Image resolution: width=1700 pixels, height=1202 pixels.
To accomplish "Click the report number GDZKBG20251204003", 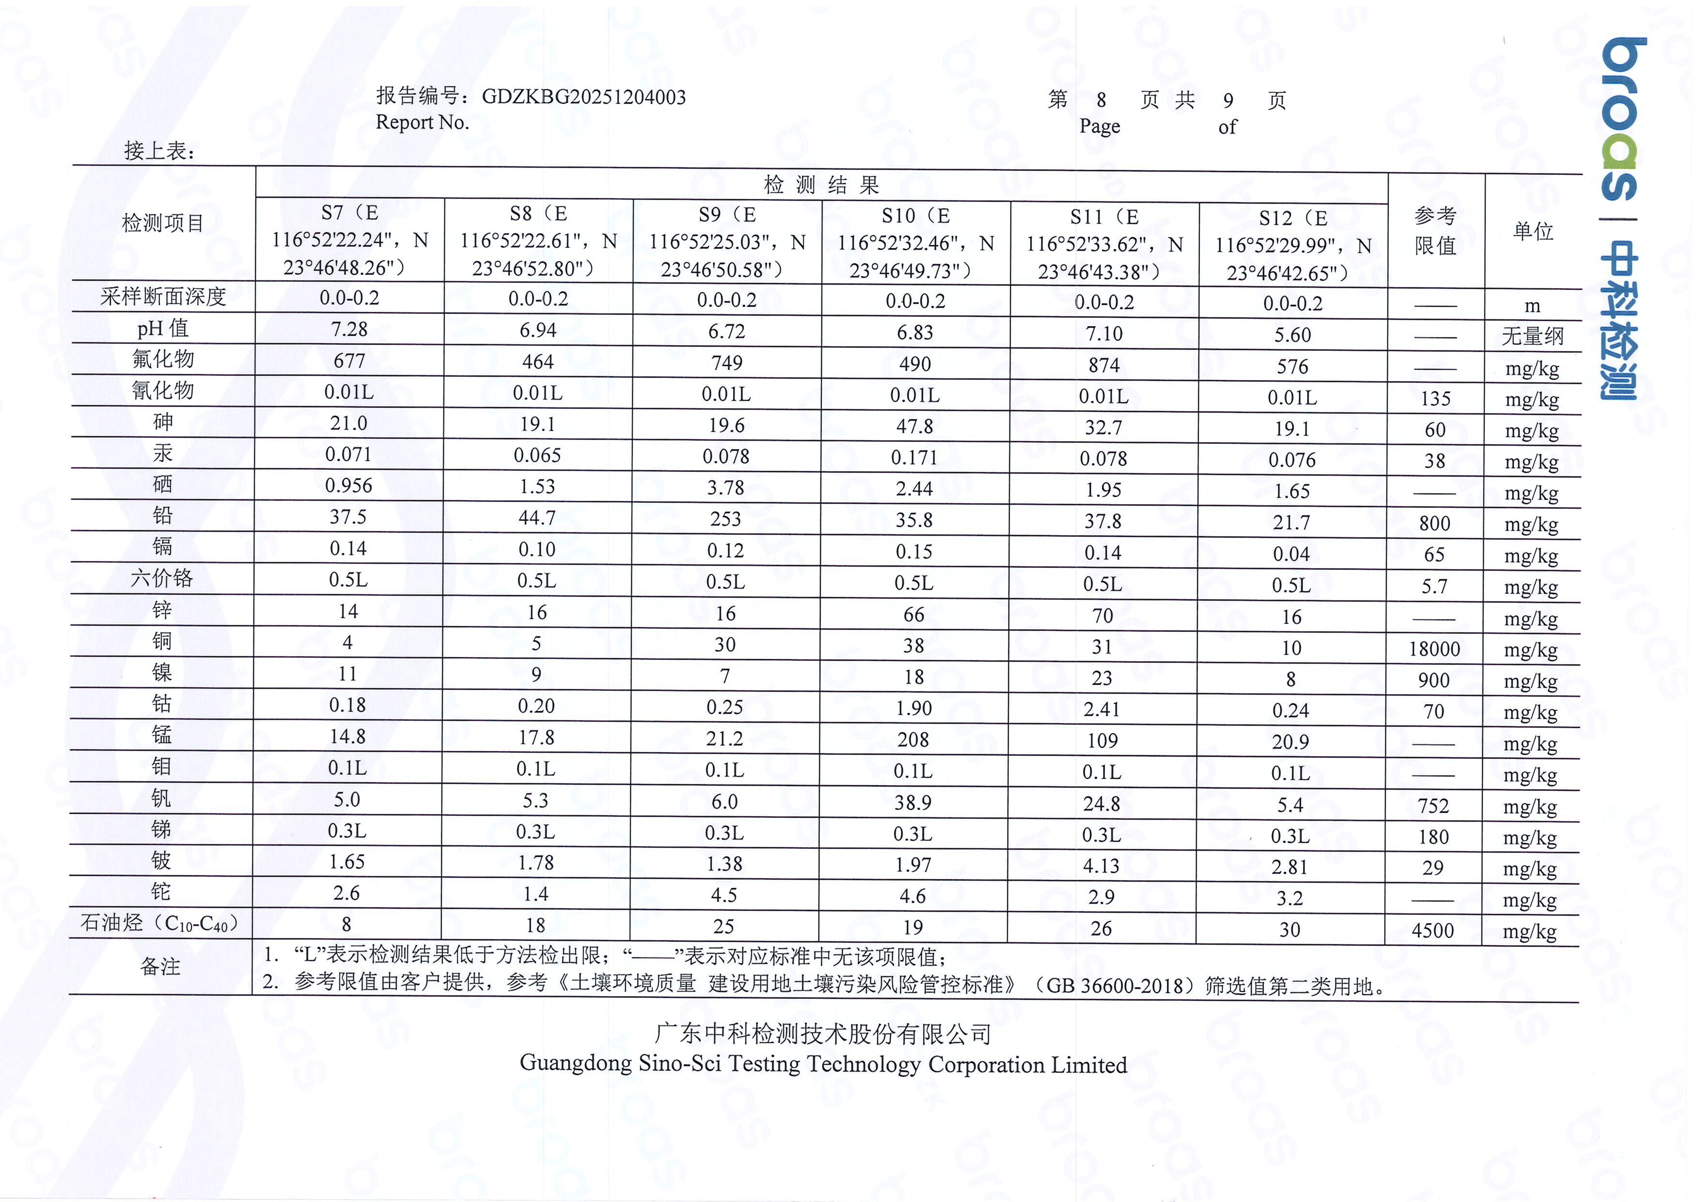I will pyautogui.click(x=583, y=97).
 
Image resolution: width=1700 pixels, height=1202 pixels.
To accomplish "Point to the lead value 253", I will pyautogui.click(x=725, y=519).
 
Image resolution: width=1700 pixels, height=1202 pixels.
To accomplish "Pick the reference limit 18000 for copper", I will pyautogui.click(x=1434, y=649).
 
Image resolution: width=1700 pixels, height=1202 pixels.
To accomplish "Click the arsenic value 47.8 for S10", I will pyautogui.click(x=914, y=427).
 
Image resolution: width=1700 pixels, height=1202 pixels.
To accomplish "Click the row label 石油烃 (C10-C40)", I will pyautogui.click(x=160, y=923).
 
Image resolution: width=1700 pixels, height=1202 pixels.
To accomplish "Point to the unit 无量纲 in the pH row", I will pyautogui.click(x=1532, y=337).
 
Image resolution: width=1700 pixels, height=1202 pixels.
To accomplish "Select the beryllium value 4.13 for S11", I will pyautogui.click(x=1101, y=866).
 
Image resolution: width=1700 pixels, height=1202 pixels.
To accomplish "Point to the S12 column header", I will pyautogui.click(x=1293, y=246).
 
